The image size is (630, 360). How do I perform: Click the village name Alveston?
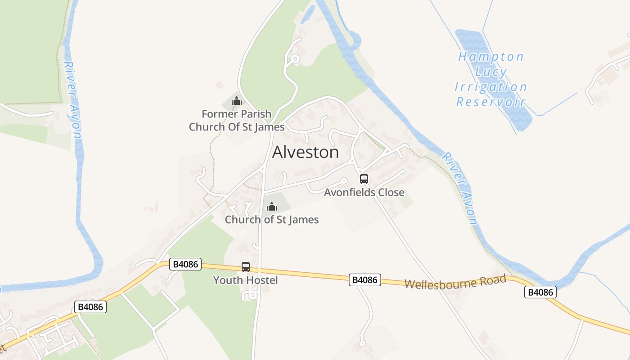[x=306, y=152]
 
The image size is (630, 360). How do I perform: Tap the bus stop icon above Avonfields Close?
[x=364, y=179]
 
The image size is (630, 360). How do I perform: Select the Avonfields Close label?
[x=364, y=193]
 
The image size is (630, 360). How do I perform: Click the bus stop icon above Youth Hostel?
[x=246, y=267]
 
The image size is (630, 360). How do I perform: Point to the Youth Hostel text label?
[x=245, y=280]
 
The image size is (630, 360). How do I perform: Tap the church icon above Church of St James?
[x=272, y=207]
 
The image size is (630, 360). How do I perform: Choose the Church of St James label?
[x=272, y=220]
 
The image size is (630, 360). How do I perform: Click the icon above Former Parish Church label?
[x=237, y=101]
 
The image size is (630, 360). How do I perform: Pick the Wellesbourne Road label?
[x=455, y=282]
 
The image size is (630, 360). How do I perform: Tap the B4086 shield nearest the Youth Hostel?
[x=185, y=264]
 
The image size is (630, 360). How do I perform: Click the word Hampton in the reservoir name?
[x=491, y=57]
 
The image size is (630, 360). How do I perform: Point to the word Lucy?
[x=491, y=72]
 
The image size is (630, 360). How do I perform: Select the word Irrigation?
[x=491, y=87]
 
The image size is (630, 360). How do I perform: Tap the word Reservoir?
[x=491, y=102]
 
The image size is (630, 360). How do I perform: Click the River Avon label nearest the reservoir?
[x=459, y=188]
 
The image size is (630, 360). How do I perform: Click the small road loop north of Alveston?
[x=295, y=58]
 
